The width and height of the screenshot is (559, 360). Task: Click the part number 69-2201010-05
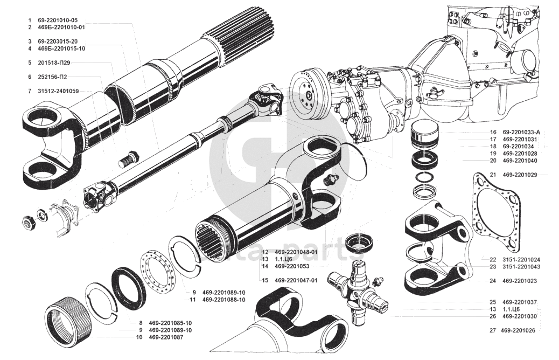tap(61, 20)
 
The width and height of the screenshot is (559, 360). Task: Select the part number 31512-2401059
tap(58, 91)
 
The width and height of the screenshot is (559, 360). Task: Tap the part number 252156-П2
tap(52, 77)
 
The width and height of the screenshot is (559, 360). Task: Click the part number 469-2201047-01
tap(296, 280)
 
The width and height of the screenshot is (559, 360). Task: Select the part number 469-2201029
tap(521, 175)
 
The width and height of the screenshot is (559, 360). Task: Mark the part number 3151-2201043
tap(522, 267)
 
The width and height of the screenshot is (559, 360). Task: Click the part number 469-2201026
tap(521, 330)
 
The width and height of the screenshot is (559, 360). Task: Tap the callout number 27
tap(493, 330)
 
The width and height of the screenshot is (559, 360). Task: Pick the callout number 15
tap(265, 280)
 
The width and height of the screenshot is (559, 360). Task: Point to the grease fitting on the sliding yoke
tap(331, 180)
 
